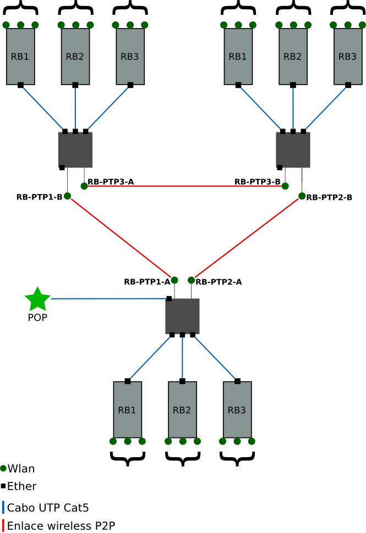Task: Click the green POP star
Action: tap(37, 299)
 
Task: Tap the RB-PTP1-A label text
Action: tap(146, 282)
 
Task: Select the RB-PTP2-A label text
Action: tap(219, 282)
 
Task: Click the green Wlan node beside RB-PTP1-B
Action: tap(68, 196)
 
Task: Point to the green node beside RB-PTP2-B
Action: tap(302, 196)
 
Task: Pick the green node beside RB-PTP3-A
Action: tap(84, 186)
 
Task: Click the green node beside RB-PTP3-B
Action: tap(285, 186)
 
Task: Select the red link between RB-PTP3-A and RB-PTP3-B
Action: tap(184, 186)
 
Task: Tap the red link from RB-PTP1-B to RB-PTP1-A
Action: tap(121, 238)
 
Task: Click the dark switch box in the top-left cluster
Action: tap(75, 149)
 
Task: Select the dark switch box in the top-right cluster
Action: tap(293, 149)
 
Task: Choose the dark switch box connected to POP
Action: tap(182, 317)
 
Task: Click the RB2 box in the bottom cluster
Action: tap(182, 409)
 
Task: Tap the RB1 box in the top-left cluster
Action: tap(20, 56)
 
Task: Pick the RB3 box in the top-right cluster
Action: tap(347, 56)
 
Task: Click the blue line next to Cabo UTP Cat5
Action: tap(3, 507)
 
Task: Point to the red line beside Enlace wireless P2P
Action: tap(3, 525)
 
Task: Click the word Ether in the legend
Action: tap(22, 486)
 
